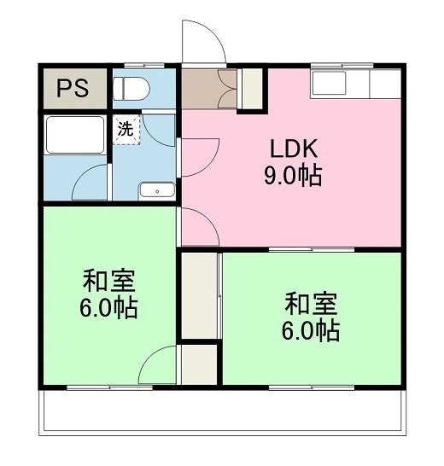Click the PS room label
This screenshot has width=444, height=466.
click(73, 88)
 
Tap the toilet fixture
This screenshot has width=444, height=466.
click(131, 89)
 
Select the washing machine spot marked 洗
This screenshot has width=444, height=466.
click(126, 130)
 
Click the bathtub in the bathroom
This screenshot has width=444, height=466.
click(75, 135)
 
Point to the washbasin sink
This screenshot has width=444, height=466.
click(157, 190)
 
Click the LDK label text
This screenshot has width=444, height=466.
click(294, 149)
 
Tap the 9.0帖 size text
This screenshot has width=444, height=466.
click(293, 175)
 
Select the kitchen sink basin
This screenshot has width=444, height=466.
click(329, 83)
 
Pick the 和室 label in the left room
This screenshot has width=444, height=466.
click(108, 281)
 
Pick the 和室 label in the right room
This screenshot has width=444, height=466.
click(311, 304)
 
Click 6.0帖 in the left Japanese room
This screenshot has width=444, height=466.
click(108, 307)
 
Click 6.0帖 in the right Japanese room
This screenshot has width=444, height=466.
click(311, 330)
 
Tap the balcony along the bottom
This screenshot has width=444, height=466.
click(223, 411)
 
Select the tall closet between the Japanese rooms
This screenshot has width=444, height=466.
click(199, 295)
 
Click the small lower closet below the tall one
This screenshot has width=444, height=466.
click(199, 364)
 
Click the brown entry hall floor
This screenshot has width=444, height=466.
click(208, 89)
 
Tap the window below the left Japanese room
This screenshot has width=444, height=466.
click(109, 387)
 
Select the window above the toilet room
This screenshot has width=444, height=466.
click(144, 66)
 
